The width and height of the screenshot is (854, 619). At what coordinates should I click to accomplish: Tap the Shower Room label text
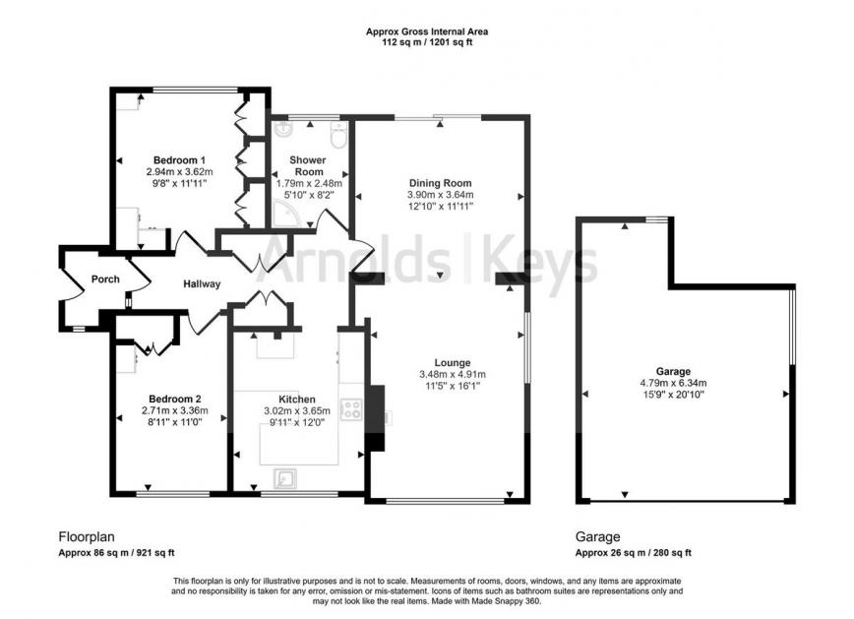tap(308, 165)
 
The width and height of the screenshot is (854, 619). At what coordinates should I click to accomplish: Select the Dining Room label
tap(440, 183)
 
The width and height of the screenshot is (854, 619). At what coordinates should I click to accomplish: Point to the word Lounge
tap(452, 362)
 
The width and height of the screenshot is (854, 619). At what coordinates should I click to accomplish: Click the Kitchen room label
tap(297, 399)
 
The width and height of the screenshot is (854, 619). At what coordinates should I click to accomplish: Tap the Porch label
tap(105, 279)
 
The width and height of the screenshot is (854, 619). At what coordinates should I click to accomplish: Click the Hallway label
tap(202, 283)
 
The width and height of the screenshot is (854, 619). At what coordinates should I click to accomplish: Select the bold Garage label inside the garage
tap(673, 372)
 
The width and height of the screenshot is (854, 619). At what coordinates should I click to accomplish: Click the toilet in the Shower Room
tap(338, 134)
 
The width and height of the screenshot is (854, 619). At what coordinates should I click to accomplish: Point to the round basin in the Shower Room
tap(282, 129)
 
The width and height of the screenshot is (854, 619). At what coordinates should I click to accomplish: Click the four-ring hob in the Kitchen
tap(351, 409)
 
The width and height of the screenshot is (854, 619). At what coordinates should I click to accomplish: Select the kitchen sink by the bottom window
tap(286, 478)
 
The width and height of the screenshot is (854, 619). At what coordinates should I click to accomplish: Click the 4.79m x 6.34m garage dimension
tap(673, 383)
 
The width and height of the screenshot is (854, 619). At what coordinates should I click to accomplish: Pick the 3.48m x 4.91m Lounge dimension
tap(452, 374)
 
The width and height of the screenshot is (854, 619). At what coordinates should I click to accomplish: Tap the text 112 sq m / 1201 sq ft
tap(427, 42)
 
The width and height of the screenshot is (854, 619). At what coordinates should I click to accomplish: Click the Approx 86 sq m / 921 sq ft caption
tap(116, 552)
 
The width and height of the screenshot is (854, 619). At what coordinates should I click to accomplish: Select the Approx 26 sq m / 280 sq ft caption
tap(634, 552)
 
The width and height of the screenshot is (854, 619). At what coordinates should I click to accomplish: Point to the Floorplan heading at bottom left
tap(87, 537)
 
